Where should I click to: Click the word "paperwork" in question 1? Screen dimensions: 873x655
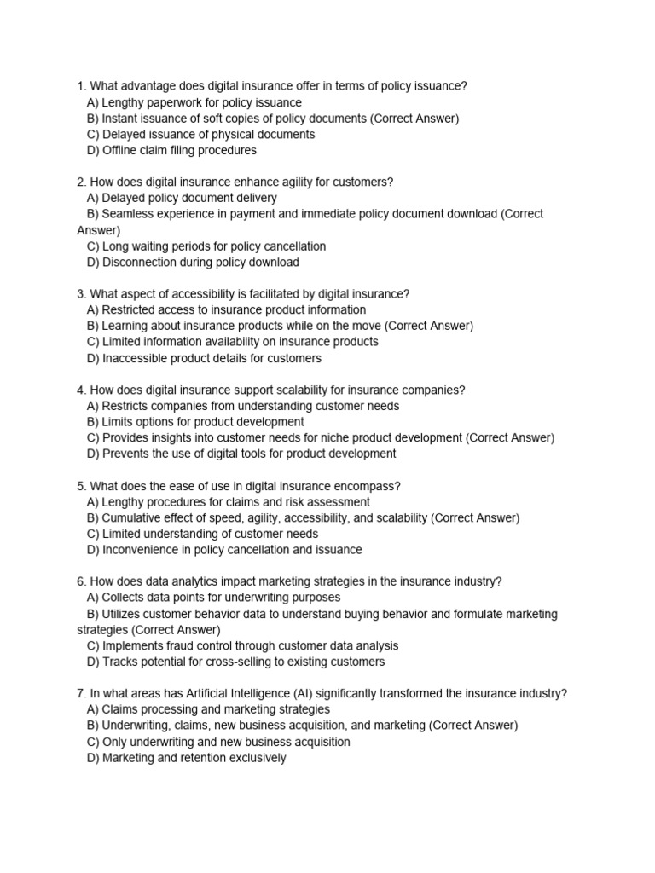(x=177, y=102)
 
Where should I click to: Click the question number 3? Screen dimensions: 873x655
(x=81, y=294)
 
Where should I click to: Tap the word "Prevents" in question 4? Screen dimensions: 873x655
(x=127, y=454)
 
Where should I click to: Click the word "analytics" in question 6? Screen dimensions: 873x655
(x=213, y=581)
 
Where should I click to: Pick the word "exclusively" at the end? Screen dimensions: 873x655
(x=254, y=758)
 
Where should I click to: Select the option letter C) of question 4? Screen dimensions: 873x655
(x=93, y=438)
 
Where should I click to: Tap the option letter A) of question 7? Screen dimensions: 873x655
(x=93, y=709)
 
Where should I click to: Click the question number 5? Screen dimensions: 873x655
(x=81, y=486)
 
